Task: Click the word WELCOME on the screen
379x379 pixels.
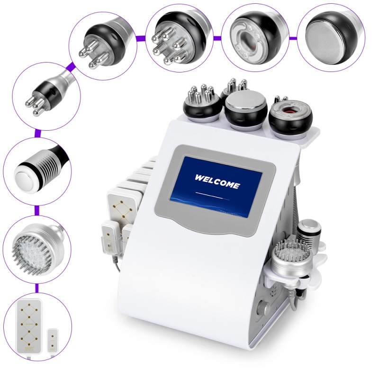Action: pos(217,181)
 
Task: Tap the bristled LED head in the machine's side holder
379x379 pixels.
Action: pos(292,262)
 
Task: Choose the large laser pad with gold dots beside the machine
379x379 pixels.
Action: pos(121,209)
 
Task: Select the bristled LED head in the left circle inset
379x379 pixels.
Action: pos(36,250)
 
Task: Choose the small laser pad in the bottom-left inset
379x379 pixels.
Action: pos(53,341)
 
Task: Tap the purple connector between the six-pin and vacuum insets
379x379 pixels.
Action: pos(217,38)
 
